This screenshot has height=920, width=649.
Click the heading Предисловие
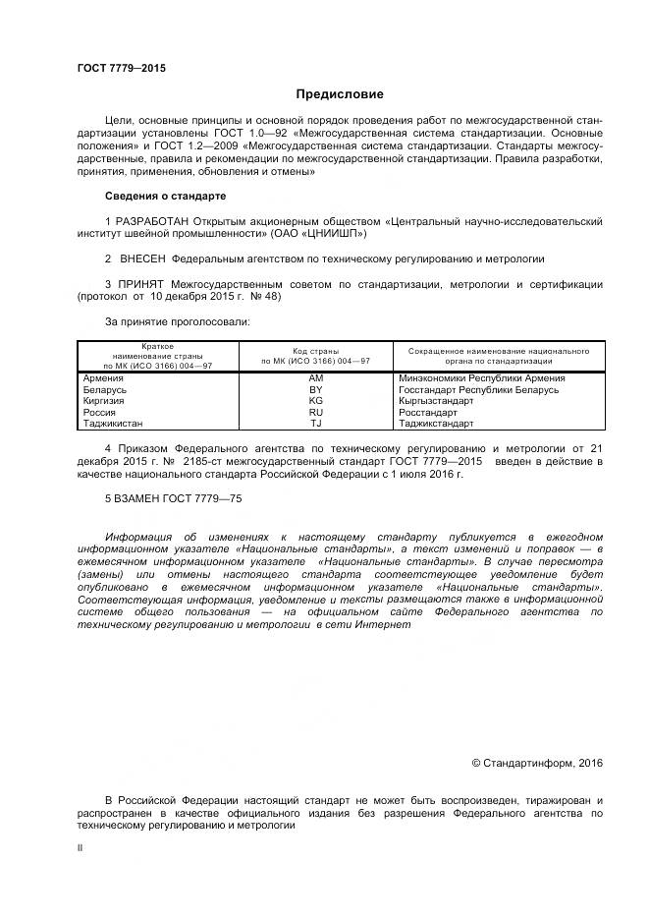click(340, 95)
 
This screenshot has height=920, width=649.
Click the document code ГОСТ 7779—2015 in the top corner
click(121, 68)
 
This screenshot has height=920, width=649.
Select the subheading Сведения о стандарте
click(165, 196)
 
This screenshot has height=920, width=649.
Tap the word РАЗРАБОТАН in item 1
click(152, 221)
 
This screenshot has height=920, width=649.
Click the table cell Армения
click(103, 377)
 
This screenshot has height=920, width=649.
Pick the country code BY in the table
click(315, 389)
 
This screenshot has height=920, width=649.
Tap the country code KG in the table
click(315, 401)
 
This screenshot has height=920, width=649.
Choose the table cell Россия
click(100, 413)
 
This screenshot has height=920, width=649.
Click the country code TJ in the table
click(315, 424)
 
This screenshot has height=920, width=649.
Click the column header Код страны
click(315, 350)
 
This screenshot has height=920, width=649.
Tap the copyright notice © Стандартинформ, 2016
click(537, 763)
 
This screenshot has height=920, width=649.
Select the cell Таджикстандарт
click(437, 424)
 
